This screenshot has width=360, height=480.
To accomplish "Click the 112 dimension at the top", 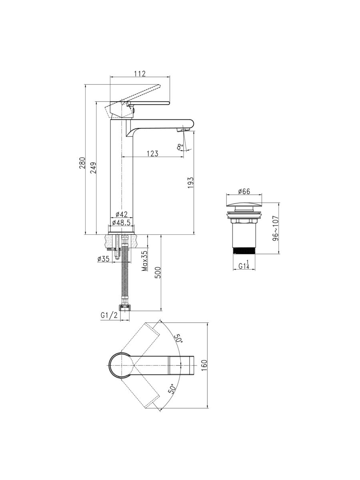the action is click(x=140, y=74).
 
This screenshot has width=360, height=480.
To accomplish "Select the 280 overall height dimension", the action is click(x=82, y=163).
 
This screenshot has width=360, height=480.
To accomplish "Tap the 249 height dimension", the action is click(x=93, y=168).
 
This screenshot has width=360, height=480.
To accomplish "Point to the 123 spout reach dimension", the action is click(x=152, y=153).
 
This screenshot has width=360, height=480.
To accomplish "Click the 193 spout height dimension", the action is click(x=190, y=182).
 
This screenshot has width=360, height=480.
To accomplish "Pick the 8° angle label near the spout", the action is click(x=180, y=147).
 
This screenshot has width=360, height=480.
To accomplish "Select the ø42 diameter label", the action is click(x=121, y=214).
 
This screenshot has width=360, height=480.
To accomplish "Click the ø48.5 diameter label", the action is click(x=121, y=223).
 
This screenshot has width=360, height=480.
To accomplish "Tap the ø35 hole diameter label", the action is click(x=103, y=259).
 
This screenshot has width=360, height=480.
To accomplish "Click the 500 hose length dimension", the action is click(x=158, y=272).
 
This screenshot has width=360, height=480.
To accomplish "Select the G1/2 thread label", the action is click(x=109, y=315).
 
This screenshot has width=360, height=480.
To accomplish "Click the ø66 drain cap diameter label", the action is click(x=244, y=191).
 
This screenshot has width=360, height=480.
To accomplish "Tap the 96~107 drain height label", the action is click(x=276, y=228).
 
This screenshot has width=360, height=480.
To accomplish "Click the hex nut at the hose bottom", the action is click(x=125, y=308).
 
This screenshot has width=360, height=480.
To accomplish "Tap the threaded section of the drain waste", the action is click(x=244, y=251).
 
